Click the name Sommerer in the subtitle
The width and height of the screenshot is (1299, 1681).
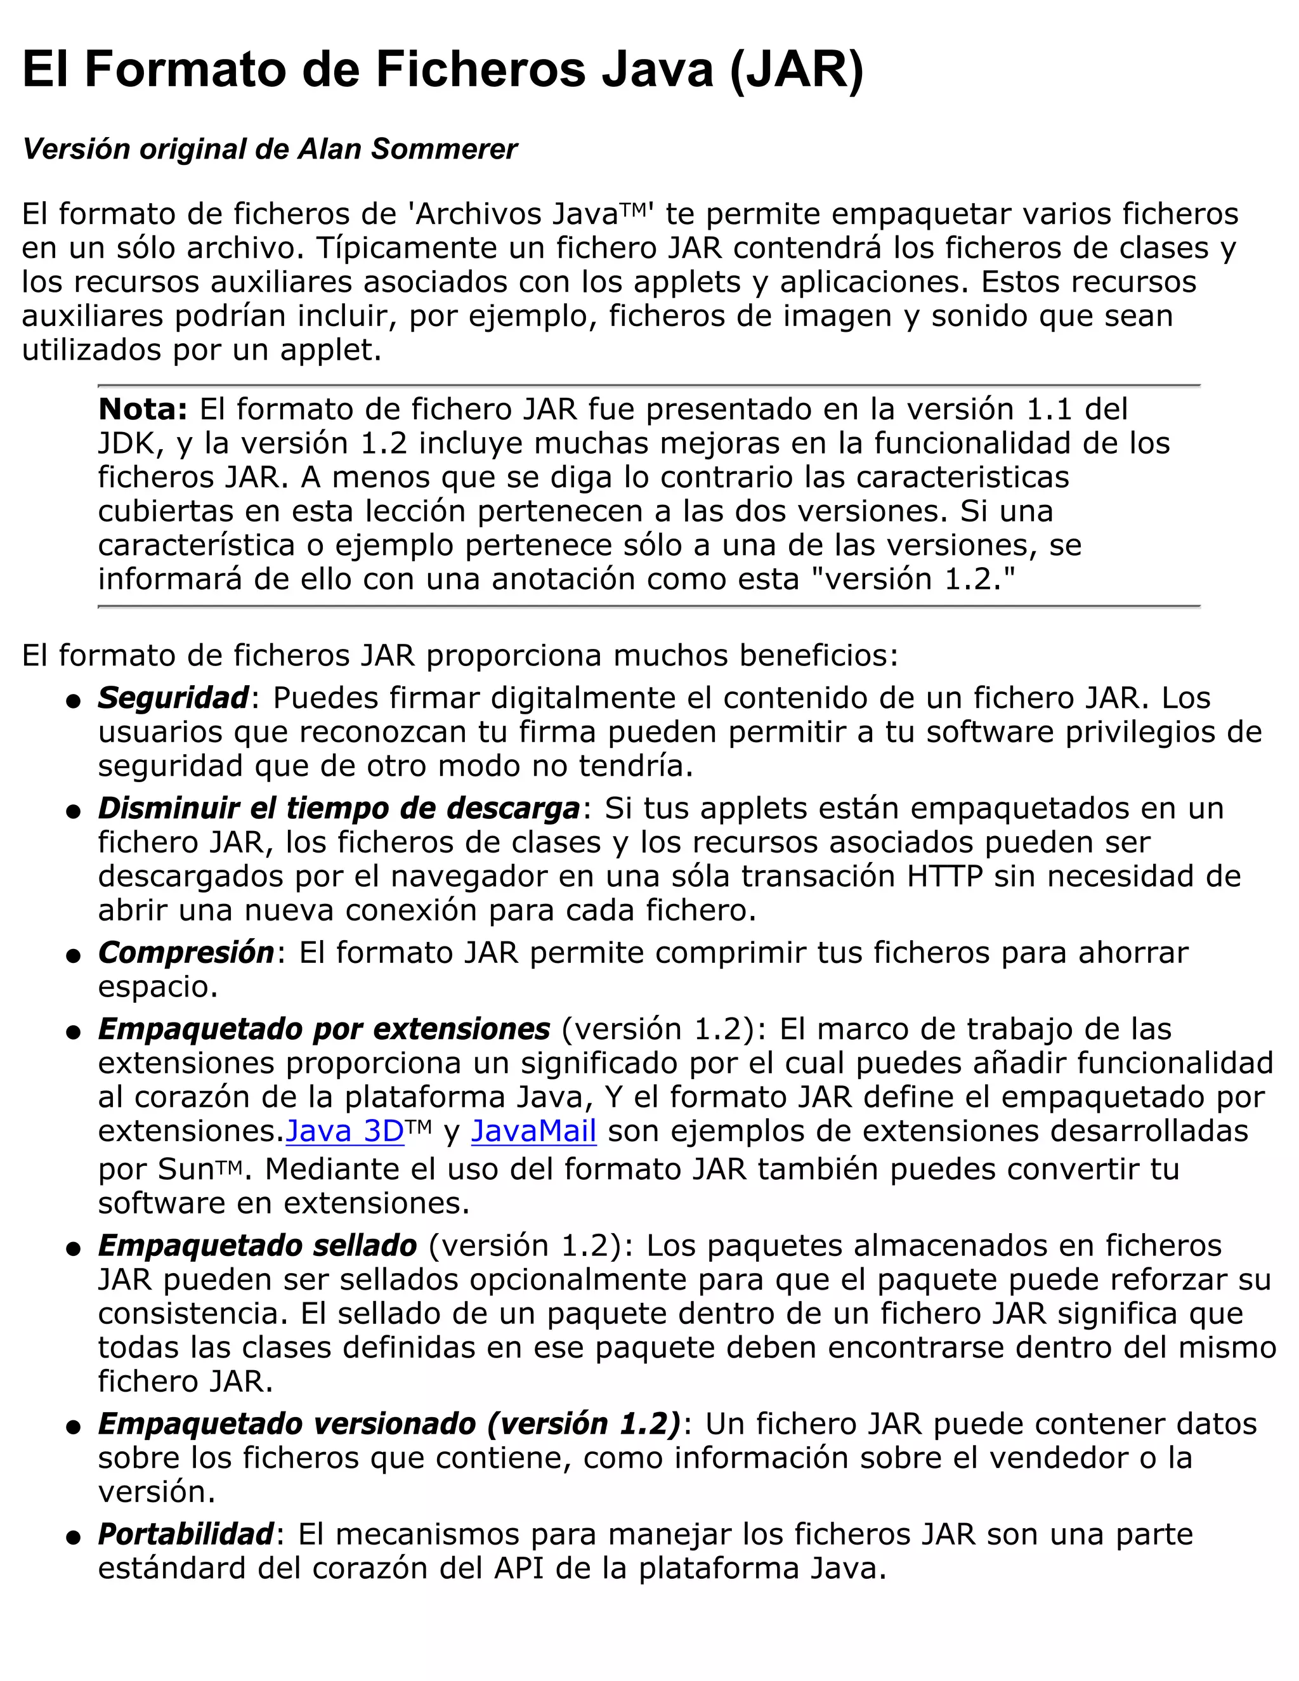(x=444, y=149)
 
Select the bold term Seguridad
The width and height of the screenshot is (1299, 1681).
(x=173, y=698)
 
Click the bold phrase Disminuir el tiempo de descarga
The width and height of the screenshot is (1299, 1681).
(x=339, y=808)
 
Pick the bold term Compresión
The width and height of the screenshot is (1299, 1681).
(x=185, y=953)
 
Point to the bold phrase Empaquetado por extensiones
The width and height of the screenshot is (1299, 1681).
(x=324, y=1029)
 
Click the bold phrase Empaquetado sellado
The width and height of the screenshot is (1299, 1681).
(x=257, y=1245)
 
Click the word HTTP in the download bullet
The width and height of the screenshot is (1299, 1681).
(x=944, y=877)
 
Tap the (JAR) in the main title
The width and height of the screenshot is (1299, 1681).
(x=797, y=71)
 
